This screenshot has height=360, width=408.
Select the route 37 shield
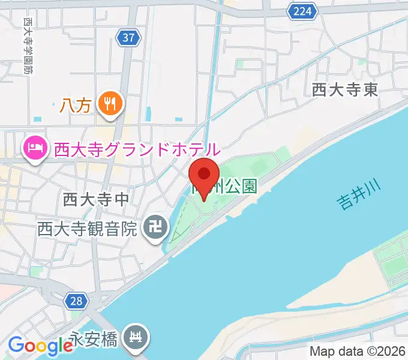tap(128, 38)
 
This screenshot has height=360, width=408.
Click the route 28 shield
tap(76, 301)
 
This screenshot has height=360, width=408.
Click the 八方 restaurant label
tap(75, 106)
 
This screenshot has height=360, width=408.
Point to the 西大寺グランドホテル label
tap(137, 148)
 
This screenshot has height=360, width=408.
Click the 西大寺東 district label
tap(345, 90)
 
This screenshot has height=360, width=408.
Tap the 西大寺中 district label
tap(96, 199)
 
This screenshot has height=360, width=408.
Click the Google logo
tap(40, 345)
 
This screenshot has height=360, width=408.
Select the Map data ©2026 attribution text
tap(356, 352)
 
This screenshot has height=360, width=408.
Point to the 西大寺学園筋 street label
tap(28, 45)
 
